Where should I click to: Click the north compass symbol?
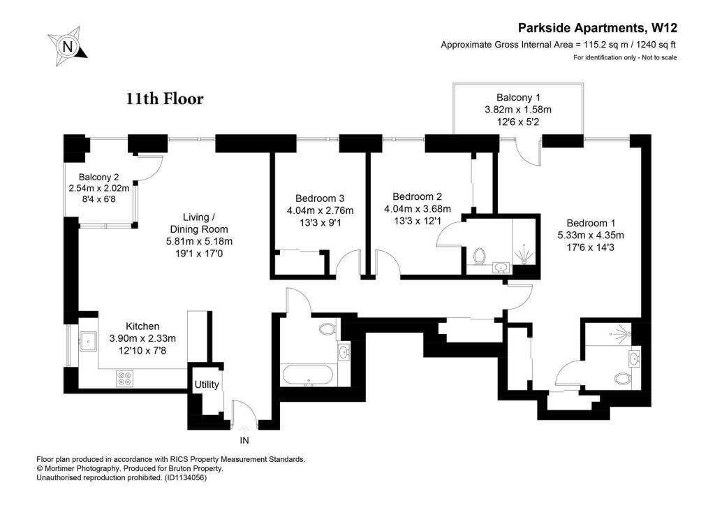click(x=67, y=47)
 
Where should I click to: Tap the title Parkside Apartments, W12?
click(x=598, y=29)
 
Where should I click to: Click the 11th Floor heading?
click(x=165, y=99)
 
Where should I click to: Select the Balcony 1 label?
click(x=518, y=97)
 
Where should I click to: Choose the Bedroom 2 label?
click(x=418, y=196)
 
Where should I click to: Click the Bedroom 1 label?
click(x=590, y=222)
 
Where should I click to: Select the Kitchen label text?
click(x=142, y=326)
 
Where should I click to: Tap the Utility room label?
click(x=207, y=385)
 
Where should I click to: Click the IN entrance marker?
click(x=244, y=441)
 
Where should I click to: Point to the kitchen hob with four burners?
click(x=124, y=378)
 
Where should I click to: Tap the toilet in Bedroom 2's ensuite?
click(x=479, y=256)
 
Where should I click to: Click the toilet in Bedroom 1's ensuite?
click(x=622, y=378)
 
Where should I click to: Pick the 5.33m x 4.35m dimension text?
click(x=590, y=235)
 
